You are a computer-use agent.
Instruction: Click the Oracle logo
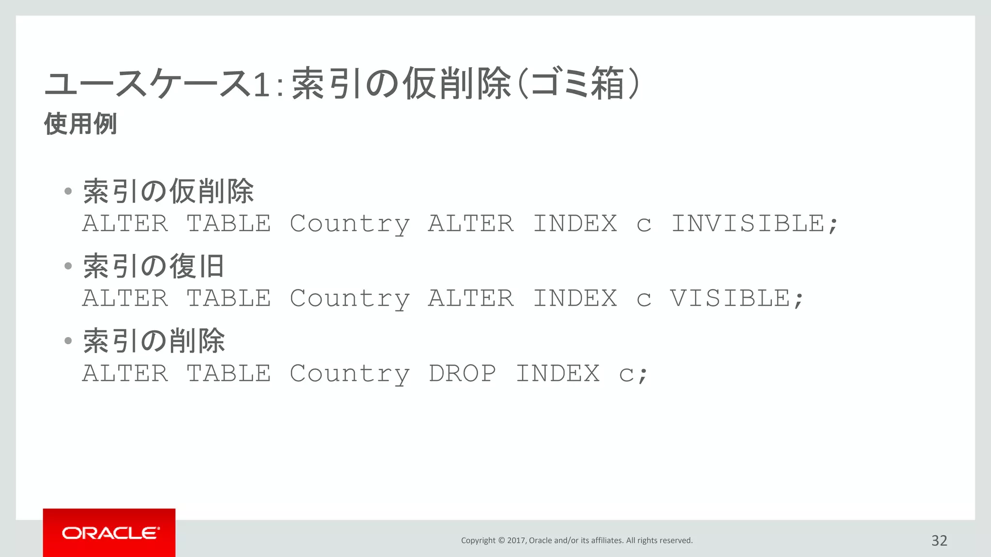109,533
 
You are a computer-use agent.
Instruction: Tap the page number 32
939,541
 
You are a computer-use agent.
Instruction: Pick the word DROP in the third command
462,373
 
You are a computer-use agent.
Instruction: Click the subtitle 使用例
81,124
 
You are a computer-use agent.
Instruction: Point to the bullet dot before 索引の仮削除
68,191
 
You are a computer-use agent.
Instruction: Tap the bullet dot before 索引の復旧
68,266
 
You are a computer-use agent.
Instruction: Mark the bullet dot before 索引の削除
68,341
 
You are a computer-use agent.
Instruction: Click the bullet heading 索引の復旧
154,266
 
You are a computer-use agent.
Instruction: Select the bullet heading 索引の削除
154,341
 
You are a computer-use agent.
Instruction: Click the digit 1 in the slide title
261,84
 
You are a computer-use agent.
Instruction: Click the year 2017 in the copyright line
516,541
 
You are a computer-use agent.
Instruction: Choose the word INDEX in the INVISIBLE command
575,224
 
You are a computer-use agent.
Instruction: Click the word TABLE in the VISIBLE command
229,298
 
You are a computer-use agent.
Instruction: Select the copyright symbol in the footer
501,541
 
